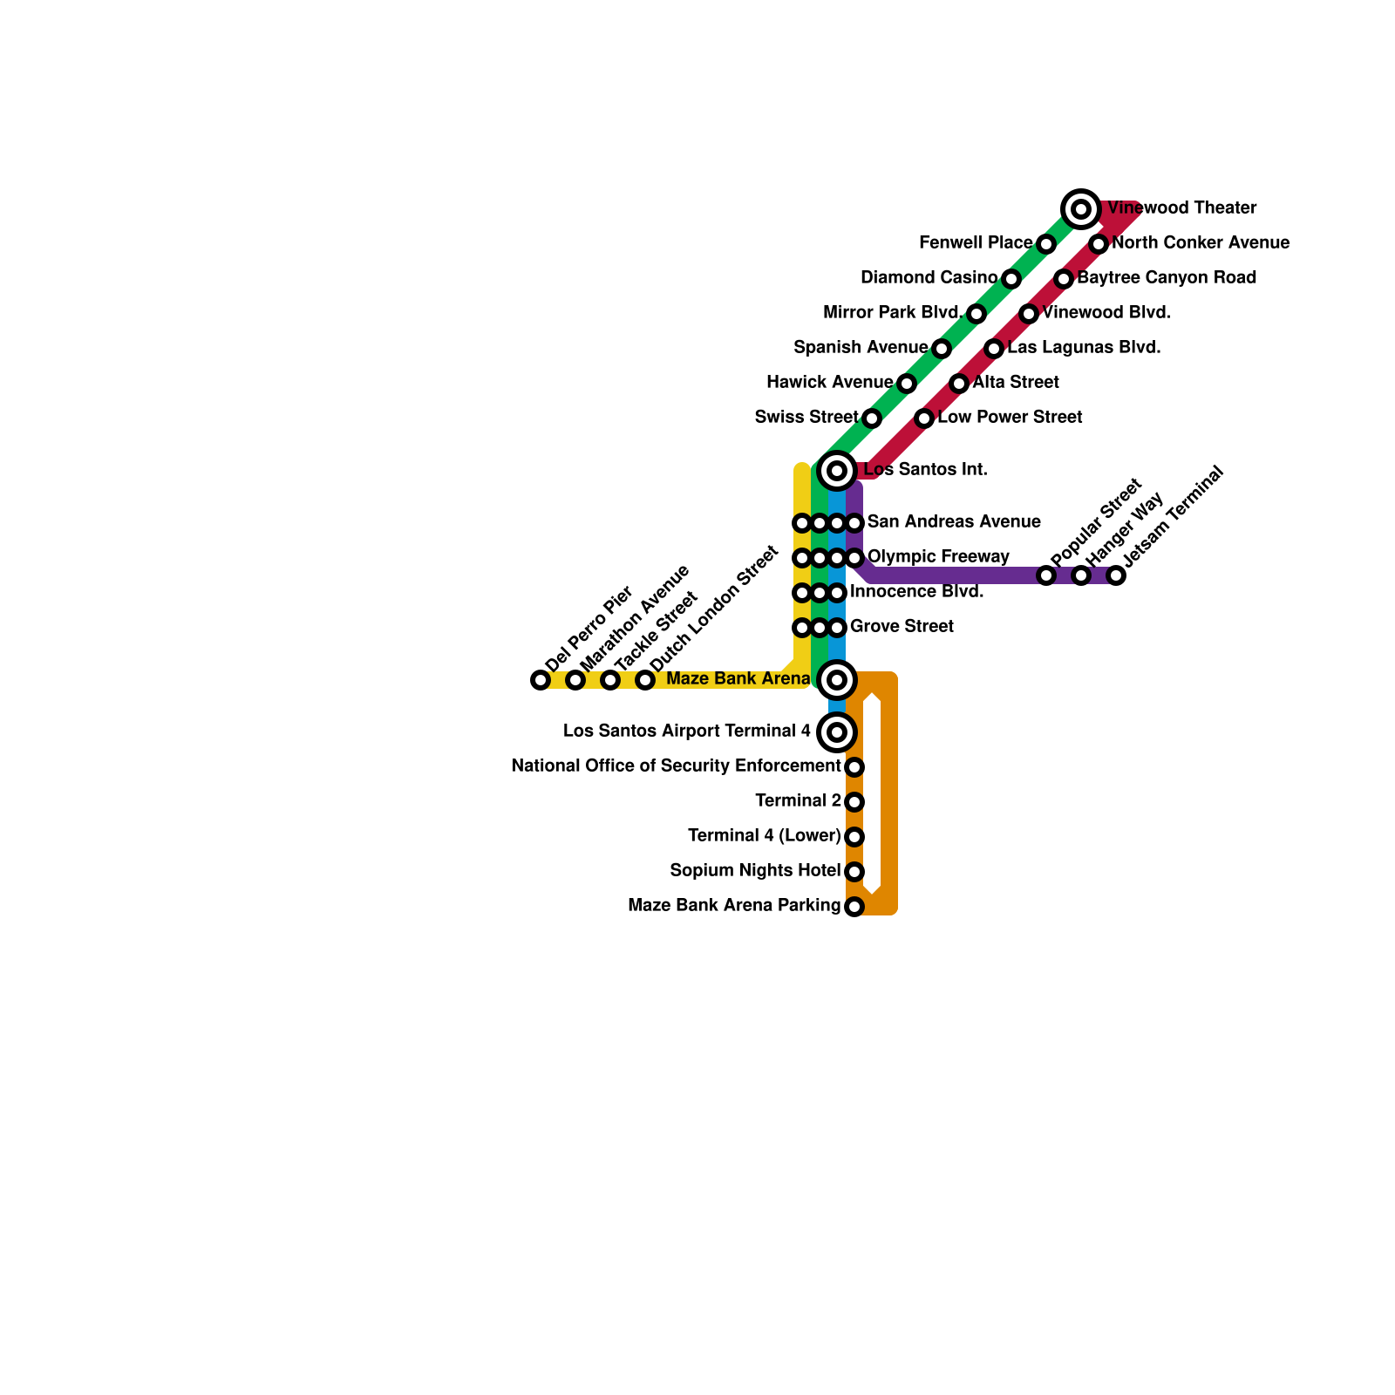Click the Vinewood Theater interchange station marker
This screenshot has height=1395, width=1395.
pyautogui.click(x=1081, y=209)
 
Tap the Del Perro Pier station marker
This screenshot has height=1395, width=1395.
pyautogui.click(x=541, y=680)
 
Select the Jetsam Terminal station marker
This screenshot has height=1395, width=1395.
pyautogui.click(x=1116, y=575)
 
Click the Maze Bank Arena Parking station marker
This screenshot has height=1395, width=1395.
pyautogui.click(x=854, y=907)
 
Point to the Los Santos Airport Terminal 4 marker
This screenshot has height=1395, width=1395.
pyautogui.click(x=837, y=732)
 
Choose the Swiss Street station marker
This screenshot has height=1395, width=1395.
pyautogui.click(x=872, y=418)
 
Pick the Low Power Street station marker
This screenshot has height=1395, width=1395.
pyautogui.click(x=924, y=418)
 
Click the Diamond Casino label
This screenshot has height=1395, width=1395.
pyautogui.click(x=929, y=278)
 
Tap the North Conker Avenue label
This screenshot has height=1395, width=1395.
pyautogui.click(x=1201, y=243)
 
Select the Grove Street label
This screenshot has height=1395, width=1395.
pyautogui.click(x=902, y=627)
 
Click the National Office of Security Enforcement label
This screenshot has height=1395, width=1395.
pyautogui.click(x=676, y=766)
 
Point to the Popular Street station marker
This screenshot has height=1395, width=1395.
pyautogui.click(x=1046, y=575)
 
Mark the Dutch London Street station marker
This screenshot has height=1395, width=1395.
pyautogui.click(x=645, y=680)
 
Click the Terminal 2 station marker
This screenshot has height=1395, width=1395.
pyautogui.click(x=854, y=802)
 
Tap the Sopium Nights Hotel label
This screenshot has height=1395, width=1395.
pyautogui.click(x=755, y=871)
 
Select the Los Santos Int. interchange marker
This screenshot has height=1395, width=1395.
pyautogui.click(x=837, y=471)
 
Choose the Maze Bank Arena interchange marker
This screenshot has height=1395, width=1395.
pyautogui.click(x=837, y=680)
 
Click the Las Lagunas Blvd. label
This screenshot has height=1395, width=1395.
pyautogui.click(x=1084, y=348)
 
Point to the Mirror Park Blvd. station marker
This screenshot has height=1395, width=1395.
pyautogui.click(x=976, y=314)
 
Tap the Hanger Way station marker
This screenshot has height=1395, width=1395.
pyautogui.click(x=1081, y=575)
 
